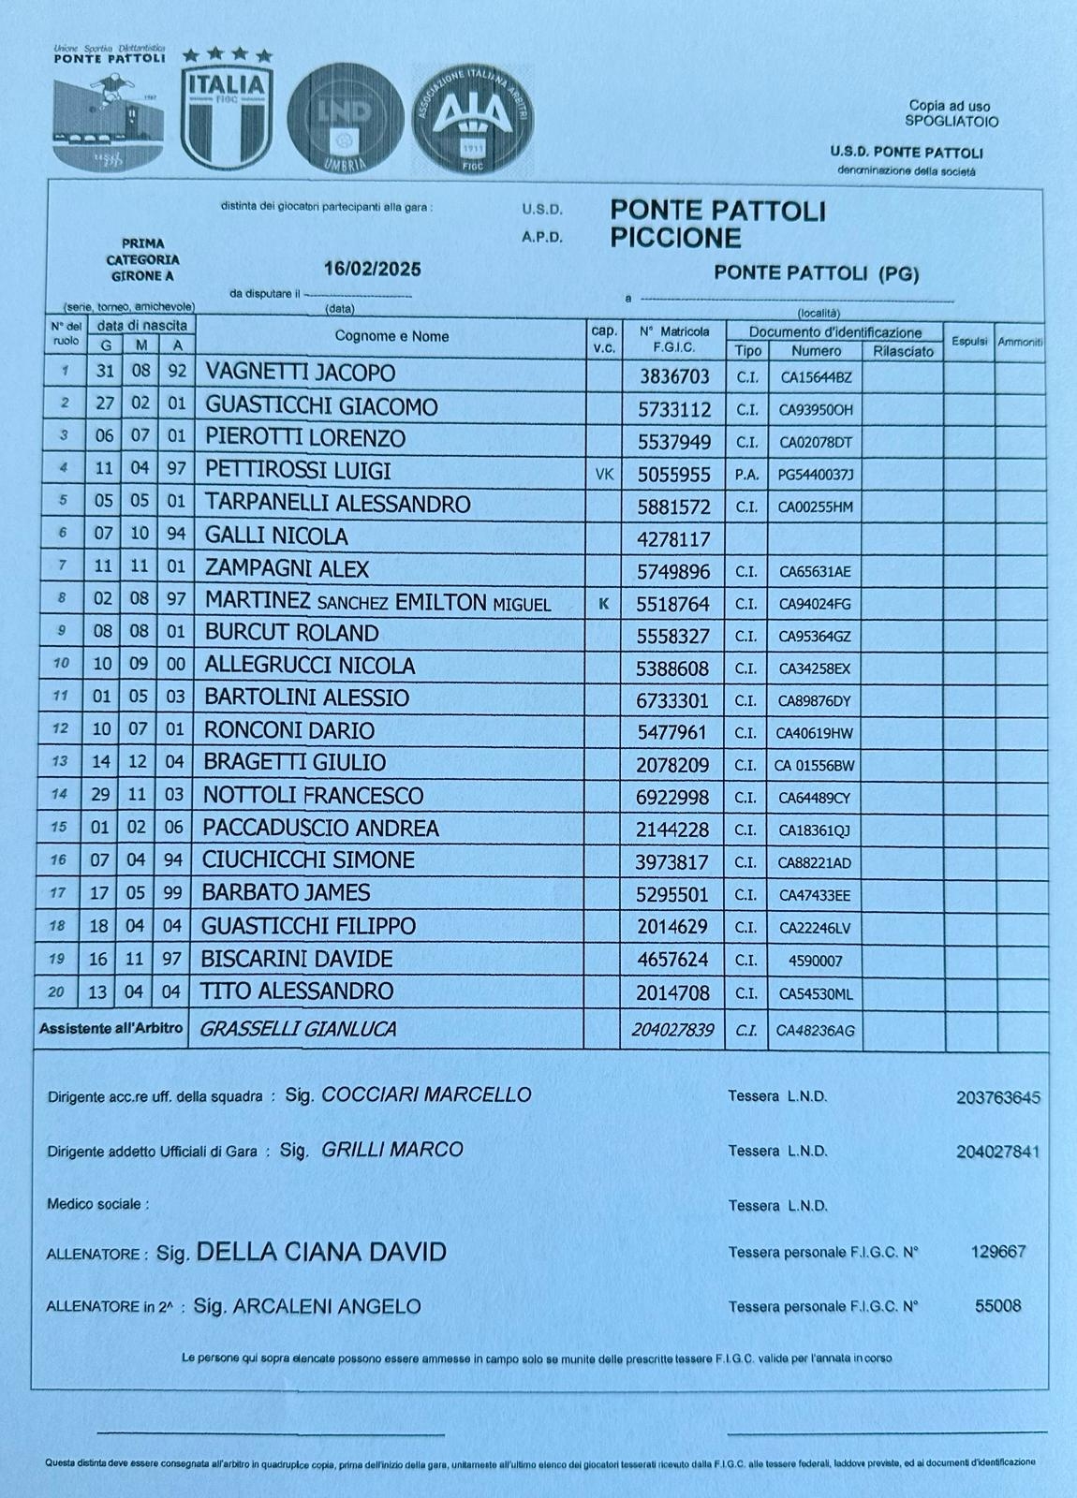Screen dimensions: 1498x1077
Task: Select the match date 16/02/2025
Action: tap(372, 270)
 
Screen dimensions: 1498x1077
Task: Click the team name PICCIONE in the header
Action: tap(675, 238)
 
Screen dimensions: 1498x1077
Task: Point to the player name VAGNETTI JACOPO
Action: tap(300, 373)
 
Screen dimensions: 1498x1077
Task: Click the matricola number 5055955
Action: tap(673, 475)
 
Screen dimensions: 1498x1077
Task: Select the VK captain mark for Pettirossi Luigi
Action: tap(604, 475)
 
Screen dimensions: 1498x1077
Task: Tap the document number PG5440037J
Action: tap(815, 475)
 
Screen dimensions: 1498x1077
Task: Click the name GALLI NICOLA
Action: tap(276, 536)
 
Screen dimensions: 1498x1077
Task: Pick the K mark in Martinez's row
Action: tap(603, 604)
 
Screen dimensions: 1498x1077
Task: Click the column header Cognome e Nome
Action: tap(391, 336)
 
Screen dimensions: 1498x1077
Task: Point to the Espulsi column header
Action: tap(969, 342)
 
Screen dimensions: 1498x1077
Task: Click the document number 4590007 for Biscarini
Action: tap(816, 961)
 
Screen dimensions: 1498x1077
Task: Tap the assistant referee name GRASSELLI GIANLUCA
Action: tap(298, 1029)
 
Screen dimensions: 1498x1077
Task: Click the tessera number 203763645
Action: tap(997, 1097)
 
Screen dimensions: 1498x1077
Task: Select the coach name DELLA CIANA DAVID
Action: tap(320, 1252)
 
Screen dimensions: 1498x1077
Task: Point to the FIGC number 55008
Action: tap(997, 1306)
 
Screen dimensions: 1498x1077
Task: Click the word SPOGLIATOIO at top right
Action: tap(951, 122)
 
